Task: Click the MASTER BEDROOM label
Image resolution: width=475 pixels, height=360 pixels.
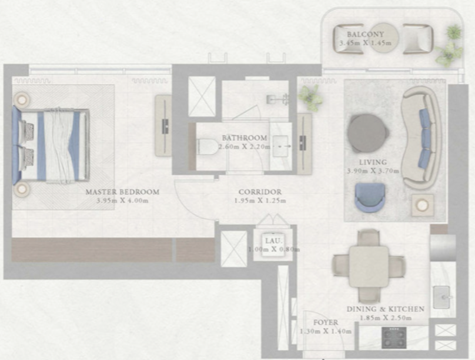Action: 122,192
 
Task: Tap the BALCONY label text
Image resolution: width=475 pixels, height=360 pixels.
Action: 365,34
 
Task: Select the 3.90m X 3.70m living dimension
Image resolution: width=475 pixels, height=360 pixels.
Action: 373,171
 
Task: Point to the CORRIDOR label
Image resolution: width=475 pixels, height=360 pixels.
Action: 260,192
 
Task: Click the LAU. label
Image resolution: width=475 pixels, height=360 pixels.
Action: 273,241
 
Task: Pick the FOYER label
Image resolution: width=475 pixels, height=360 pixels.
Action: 326,322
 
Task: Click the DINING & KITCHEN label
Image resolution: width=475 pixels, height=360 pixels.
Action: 385,309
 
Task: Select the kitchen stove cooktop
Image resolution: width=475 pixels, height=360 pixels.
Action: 394,337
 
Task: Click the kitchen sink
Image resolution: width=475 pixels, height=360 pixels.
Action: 441,297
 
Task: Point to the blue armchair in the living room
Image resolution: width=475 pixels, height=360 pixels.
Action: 370,198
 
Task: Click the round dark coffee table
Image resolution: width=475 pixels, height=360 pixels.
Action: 367,134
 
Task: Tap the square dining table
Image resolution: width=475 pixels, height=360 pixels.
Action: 369,266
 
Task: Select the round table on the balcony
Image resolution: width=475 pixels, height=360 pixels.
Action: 384,38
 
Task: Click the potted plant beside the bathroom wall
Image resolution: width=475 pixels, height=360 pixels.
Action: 310,97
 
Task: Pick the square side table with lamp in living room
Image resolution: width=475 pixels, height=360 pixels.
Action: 422,205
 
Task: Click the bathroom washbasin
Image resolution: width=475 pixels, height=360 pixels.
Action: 280,146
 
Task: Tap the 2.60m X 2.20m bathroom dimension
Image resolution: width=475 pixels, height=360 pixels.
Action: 245,147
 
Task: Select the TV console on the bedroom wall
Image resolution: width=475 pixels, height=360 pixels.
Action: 163,125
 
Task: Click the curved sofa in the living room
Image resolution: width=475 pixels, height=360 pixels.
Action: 421,137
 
